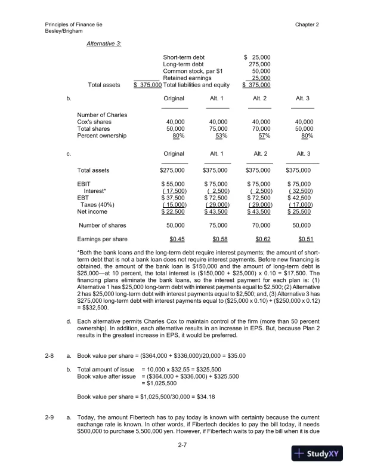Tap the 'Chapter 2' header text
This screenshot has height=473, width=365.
(307, 24)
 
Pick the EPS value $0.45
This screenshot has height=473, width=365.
(177, 239)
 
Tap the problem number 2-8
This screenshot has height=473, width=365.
(50, 356)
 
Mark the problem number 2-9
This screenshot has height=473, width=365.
(50, 420)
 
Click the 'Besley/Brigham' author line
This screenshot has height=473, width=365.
(64, 31)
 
